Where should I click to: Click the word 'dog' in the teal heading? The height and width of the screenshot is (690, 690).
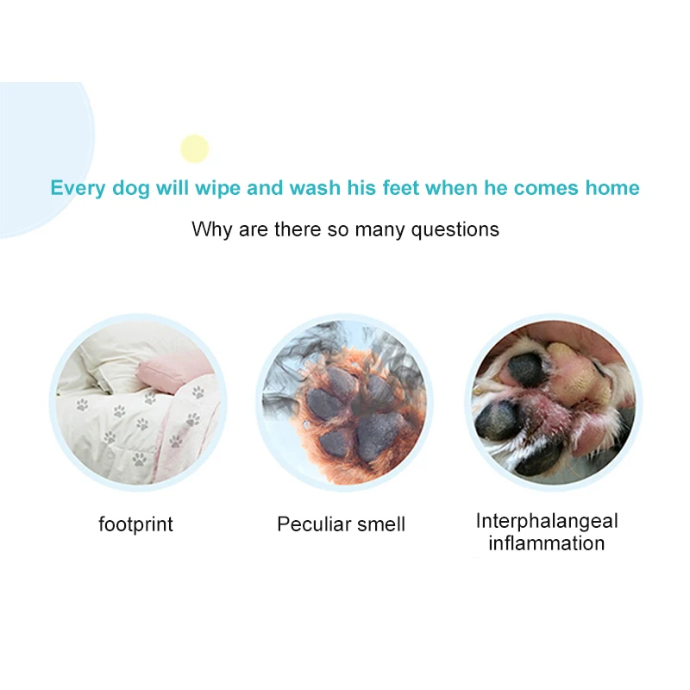click(131, 189)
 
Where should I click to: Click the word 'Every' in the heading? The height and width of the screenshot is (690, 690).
click(78, 188)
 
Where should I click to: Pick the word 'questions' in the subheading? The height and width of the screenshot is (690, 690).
click(455, 229)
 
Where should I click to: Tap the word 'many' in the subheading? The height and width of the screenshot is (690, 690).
click(379, 230)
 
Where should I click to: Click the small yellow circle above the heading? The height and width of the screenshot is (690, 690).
click(195, 148)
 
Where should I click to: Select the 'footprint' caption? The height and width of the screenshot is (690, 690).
click(136, 524)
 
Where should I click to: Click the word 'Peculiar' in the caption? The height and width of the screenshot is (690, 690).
click(314, 524)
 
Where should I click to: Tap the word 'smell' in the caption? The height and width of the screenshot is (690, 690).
click(381, 524)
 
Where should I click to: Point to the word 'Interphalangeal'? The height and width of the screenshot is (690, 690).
click(547, 522)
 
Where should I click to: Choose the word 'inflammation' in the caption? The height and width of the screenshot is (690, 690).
click(547, 543)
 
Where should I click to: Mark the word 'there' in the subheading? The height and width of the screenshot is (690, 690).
click(298, 229)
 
